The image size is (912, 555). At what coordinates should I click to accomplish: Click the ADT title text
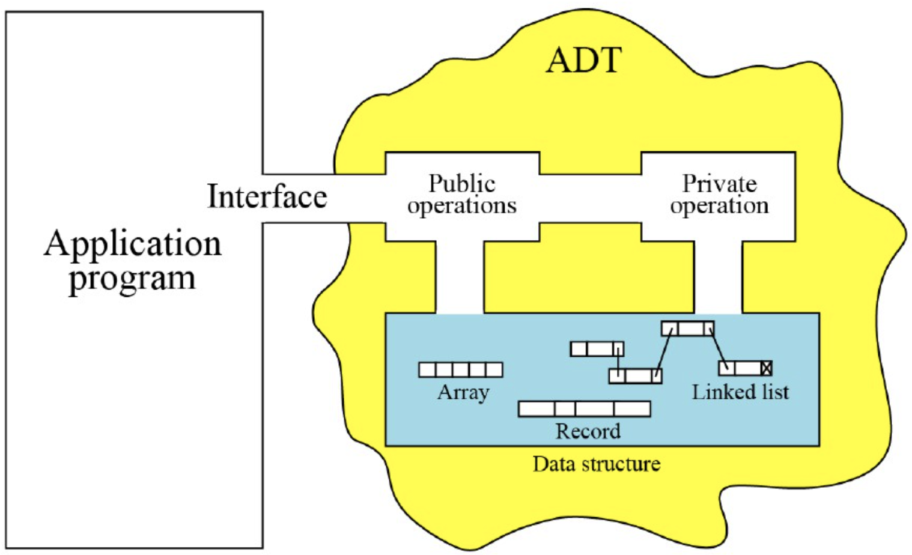pyautogui.click(x=583, y=60)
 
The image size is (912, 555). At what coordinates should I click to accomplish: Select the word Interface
pyautogui.click(x=267, y=196)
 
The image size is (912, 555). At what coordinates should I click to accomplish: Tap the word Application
pyautogui.click(x=133, y=244)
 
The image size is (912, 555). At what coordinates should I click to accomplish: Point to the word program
pyautogui.click(x=132, y=278)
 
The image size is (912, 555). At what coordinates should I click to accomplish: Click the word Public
pyautogui.click(x=461, y=183)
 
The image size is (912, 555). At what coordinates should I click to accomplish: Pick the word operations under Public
pyautogui.click(x=461, y=205)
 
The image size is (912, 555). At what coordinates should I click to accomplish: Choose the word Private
pyautogui.click(x=719, y=183)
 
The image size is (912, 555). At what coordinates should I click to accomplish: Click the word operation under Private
pyautogui.click(x=719, y=205)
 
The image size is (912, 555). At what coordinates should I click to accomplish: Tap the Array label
pyautogui.click(x=463, y=392)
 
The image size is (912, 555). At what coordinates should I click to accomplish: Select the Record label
pyautogui.click(x=588, y=431)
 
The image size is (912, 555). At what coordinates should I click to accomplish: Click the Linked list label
pyautogui.click(x=740, y=392)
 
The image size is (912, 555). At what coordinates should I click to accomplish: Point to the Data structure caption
pyautogui.click(x=596, y=464)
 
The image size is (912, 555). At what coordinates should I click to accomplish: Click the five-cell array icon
pyautogui.click(x=460, y=369)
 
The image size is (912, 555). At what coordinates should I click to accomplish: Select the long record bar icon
pyautogui.click(x=584, y=409)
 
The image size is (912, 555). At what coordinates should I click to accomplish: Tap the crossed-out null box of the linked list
pyautogui.click(x=766, y=368)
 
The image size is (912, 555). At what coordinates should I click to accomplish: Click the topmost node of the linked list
pyautogui.click(x=687, y=329)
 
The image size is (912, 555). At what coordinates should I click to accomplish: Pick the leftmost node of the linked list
pyautogui.click(x=597, y=348)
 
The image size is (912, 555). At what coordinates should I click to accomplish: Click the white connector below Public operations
pyautogui.click(x=460, y=276)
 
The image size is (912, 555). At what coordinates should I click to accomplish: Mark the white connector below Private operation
pyautogui.click(x=718, y=276)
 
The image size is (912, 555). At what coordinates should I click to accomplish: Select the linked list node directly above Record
pyautogui.click(x=635, y=376)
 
